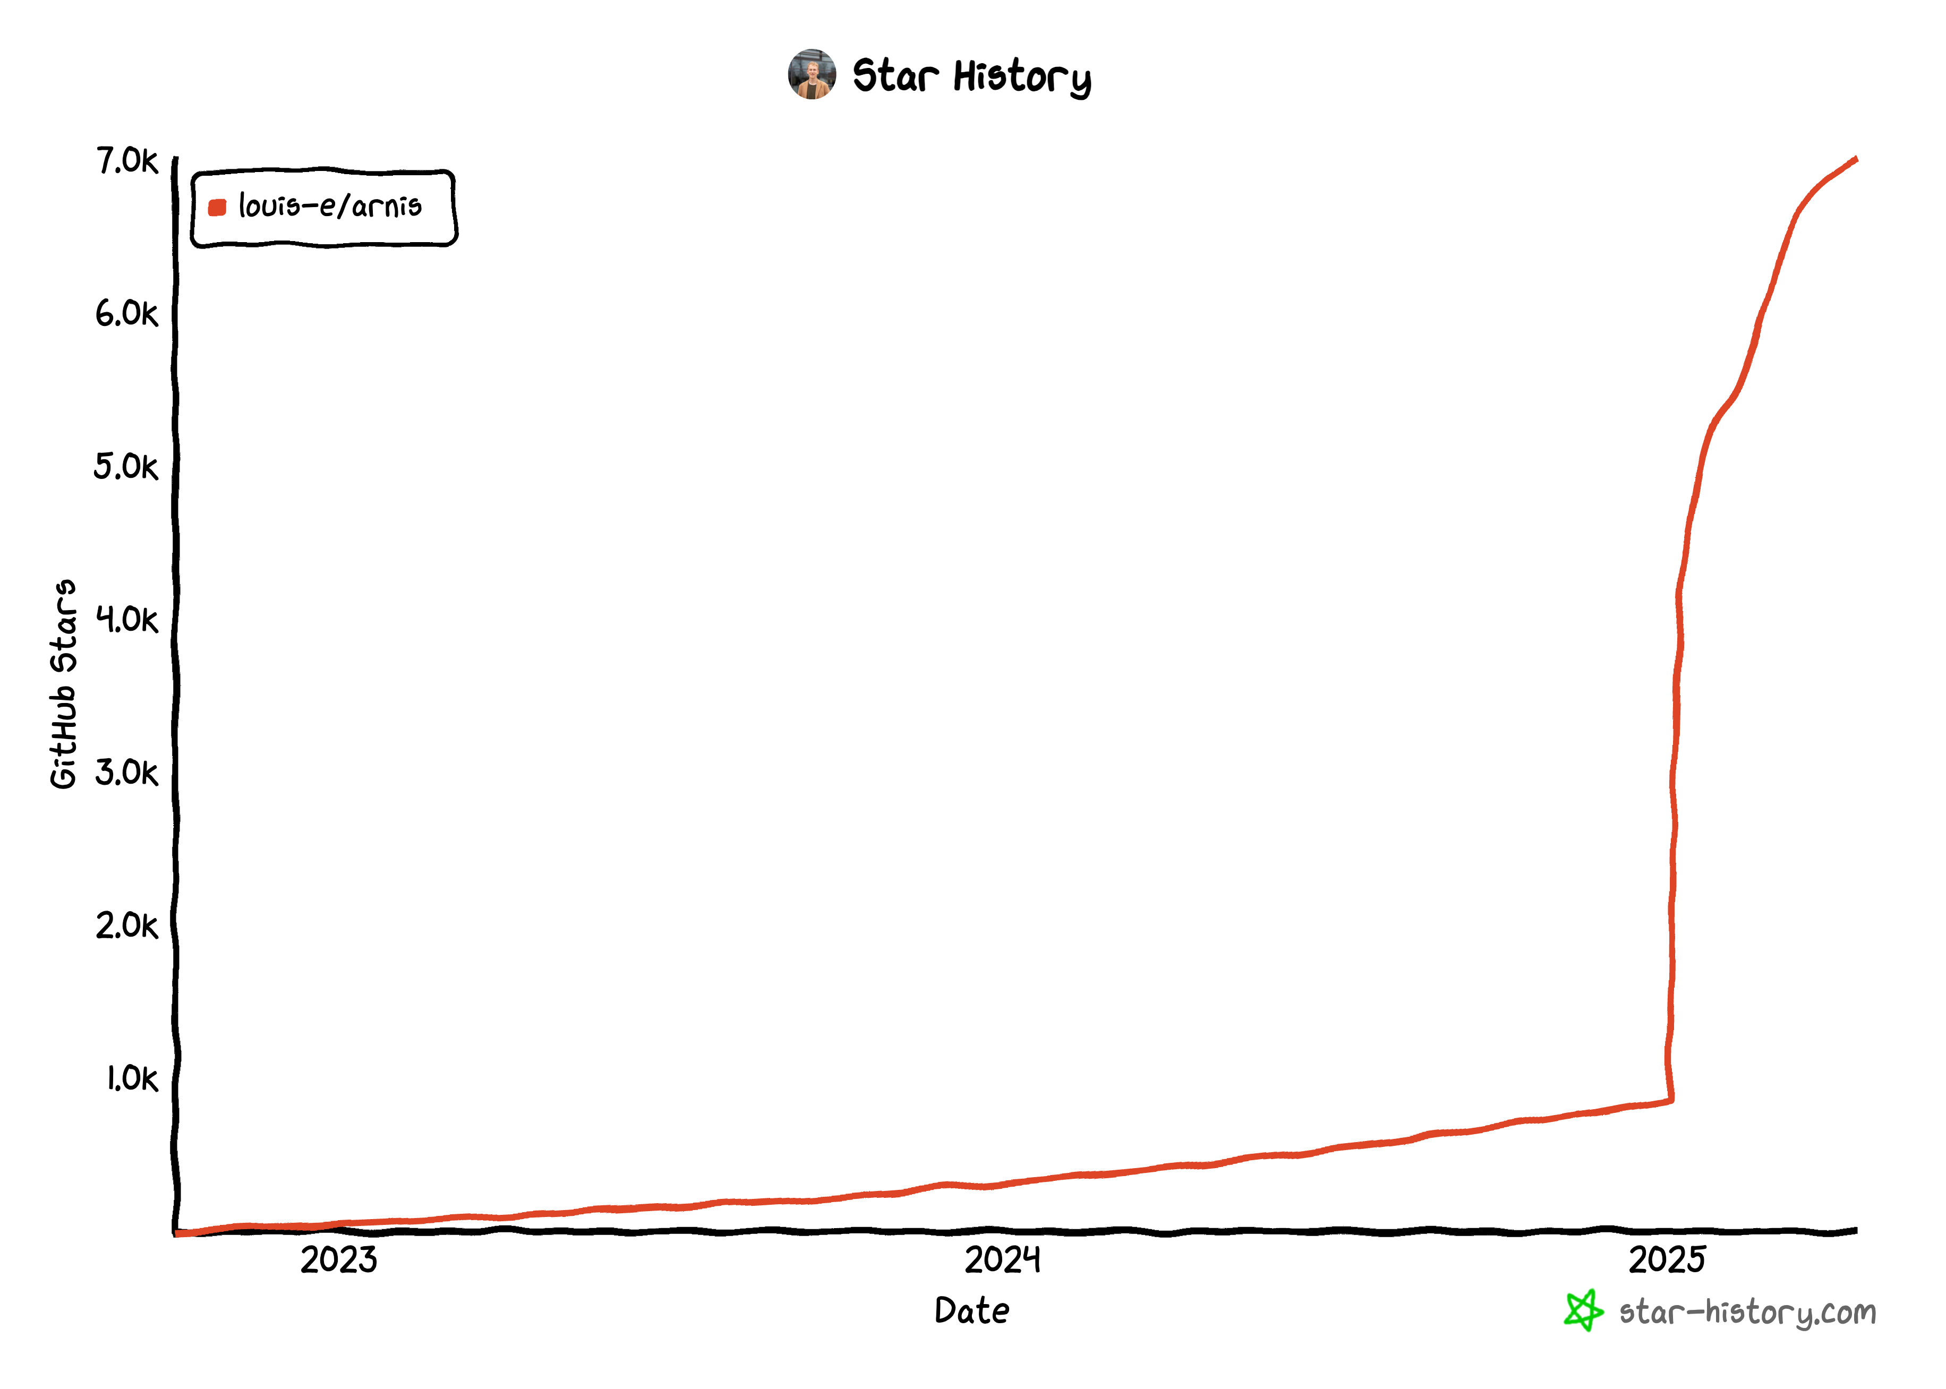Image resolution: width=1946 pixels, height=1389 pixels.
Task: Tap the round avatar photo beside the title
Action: click(x=811, y=74)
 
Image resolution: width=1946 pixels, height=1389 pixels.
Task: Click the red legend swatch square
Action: click(x=217, y=207)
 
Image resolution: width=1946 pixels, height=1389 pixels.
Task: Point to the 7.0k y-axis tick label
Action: click(x=126, y=161)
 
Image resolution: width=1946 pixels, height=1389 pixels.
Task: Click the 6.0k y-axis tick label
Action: click(x=126, y=314)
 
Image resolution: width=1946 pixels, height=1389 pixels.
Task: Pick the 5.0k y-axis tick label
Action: click(x=126, y=467)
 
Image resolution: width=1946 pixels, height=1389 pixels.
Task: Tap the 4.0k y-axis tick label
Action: click(x=126, y=619)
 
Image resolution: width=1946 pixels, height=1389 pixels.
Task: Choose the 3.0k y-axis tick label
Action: click(x=126, y=773)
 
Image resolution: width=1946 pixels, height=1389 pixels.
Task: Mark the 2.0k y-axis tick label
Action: click(x=126, y=925)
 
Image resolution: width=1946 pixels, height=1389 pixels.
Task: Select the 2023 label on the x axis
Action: click(x=339, y=1260)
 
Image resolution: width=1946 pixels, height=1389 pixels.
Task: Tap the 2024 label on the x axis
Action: click(x=1003, y=1260)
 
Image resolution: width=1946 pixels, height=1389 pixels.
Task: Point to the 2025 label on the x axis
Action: click(x=1666, y=1260)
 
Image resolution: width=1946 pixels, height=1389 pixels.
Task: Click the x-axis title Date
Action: click(x=972, y=1310)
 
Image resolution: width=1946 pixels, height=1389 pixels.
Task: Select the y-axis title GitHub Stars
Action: click(x=63, y=684)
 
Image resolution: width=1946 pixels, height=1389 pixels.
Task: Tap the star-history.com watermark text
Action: click(x=1747, y=1312)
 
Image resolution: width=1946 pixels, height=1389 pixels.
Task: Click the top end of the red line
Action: click(x=1855, y=159)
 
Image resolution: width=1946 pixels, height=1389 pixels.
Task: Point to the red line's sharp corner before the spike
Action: click(x=1670, y=1100)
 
